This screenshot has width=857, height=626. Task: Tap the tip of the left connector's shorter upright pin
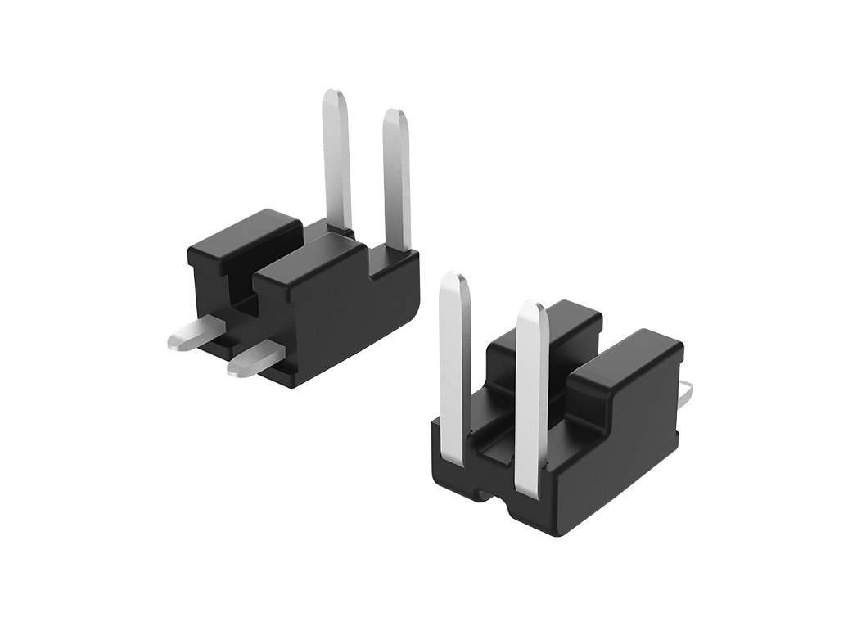tap(395, 119)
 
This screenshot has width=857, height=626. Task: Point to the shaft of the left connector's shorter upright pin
tap(397, 188)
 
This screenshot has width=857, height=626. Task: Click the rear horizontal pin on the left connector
tap(194, 333)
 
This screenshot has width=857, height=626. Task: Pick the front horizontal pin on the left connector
tap(254, 360)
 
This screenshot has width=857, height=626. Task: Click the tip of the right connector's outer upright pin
tap(453, 282)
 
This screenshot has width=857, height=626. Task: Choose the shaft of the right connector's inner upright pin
tap(531, 401)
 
